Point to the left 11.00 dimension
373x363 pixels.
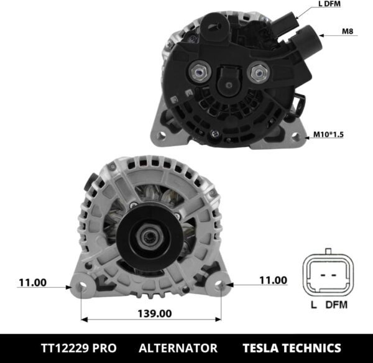click(x=32, y=282)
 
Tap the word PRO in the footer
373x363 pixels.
click(x=111, y=347)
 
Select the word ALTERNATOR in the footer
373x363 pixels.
click(x=178, y=347)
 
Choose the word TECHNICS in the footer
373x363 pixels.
click(x=312, y=347)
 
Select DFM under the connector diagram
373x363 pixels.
click(x=337, y=305)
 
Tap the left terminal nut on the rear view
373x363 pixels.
click(x=199, y=73)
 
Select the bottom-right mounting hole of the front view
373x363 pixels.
click(x=221, y=287)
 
